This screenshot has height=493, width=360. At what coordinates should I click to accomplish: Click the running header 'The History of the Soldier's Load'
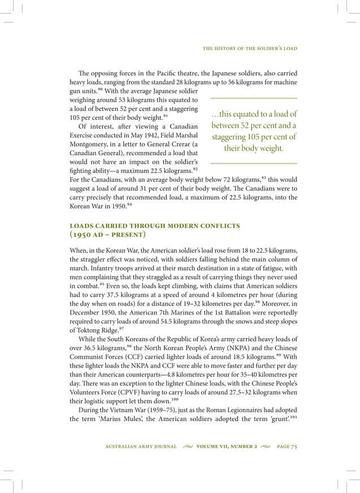(250, 48)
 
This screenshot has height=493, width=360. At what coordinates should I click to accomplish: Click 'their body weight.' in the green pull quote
(254, 149)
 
